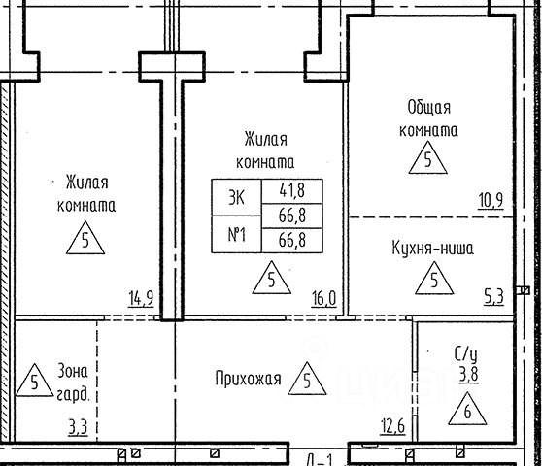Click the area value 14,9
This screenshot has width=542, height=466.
(x=141, y=299)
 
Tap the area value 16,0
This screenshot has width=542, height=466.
(x=323, y=299)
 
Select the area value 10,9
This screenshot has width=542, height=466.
(x=491, y=200)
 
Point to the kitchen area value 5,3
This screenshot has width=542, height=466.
(x=494, y=297)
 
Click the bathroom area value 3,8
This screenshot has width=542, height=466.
(x=469, y=375)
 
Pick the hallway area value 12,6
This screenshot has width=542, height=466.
(x=393, y=426)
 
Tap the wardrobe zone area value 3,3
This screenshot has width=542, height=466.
(x=78, y=428)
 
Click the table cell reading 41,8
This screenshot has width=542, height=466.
(x=292, y=191)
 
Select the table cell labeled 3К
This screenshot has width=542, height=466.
(x=236, y=198)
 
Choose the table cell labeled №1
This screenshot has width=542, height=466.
(x=236, y=235)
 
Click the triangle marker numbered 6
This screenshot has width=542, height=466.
(x=467, y=409)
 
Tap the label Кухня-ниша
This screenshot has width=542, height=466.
(x=432, y=249)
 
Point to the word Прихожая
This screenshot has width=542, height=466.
(x=249, y=379)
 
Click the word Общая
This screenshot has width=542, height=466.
(x=429, y=108)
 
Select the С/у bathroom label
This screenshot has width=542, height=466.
(x=465, y=354)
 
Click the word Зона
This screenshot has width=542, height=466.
(x=73, y=371)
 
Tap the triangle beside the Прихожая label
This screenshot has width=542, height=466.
(x=307, y=379)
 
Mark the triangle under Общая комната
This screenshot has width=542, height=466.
(x=428, y=157)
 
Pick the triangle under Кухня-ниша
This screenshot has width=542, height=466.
(x=434, y=278)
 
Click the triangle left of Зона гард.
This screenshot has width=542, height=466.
(x=35, y=380)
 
